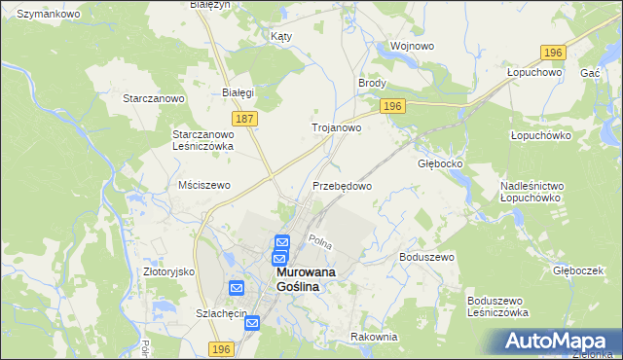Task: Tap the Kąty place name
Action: (280, 35)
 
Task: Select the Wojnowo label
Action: (410, 46)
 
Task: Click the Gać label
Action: (589, 73)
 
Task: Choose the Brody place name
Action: (373, 85)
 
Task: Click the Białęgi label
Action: (238, 93)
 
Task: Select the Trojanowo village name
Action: (336, 127)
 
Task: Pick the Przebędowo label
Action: (342, 185)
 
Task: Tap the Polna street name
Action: (320, 239)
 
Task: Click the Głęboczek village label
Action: (579, 270)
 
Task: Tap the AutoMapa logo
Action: (558, 342)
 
